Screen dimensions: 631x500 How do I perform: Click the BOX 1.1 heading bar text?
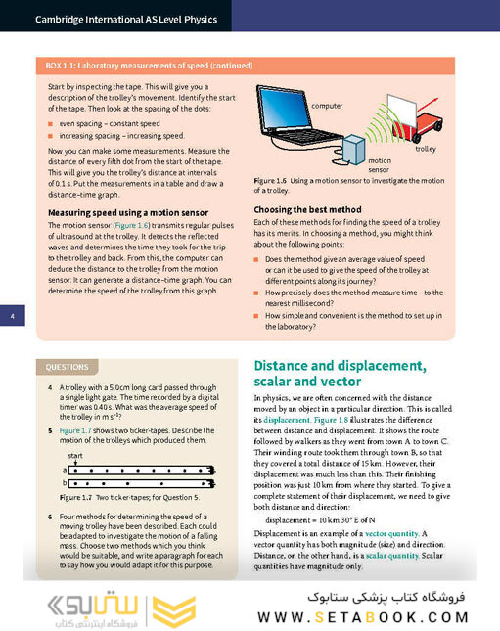[x=149, y=66]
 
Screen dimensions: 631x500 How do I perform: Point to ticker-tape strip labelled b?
[x=137, y=482]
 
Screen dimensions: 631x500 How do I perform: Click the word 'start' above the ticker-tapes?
[x=76, y=457]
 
